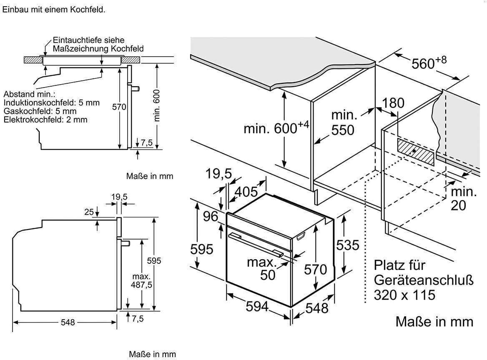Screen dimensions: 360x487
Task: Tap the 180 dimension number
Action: pyautogui.click(x=394, y=103)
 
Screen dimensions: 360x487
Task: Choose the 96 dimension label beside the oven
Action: pyautogui.click(x=211, y=216)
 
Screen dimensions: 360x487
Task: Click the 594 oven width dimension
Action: pyautogui.click(x=256, y=307)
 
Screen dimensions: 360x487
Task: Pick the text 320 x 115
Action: pyautogui.click(x=404, y=295)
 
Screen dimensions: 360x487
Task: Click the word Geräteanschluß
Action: pyautogui.click(x=424, y=280)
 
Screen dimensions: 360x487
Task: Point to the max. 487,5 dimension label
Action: pyautogui.click(x=142, y=281)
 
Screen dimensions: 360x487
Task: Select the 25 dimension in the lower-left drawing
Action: pyautogui.click(x=89, y=212)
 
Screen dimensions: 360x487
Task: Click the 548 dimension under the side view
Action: pyautogui.click(x=67, y=322)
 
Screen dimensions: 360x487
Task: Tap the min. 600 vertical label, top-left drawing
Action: pyautogui.click(x=157, y=107)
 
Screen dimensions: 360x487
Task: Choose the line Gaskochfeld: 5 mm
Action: pyautogui.click(x=40, y=111)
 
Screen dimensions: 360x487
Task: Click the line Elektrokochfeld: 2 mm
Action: pyautogui.click(x=45, y=120)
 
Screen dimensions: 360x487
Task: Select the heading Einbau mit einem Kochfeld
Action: pyautogui.click(x=54, y=9)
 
